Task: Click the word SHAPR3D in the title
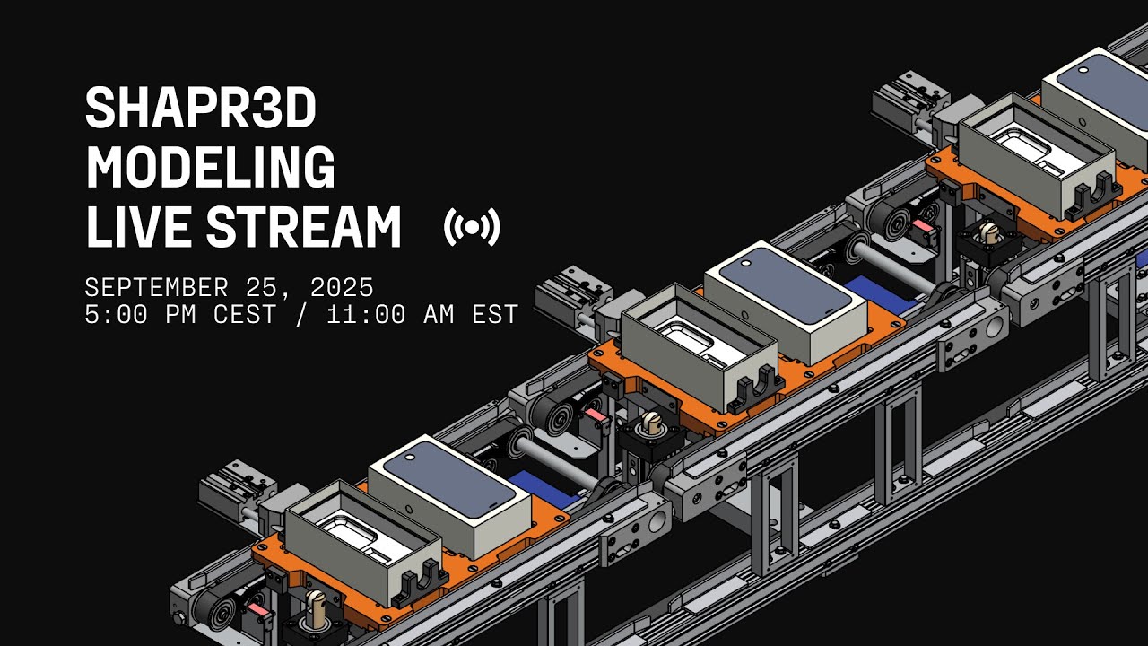(x=200, y=110)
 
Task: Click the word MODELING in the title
(x=210, y=168)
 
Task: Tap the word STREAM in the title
(x=304, y=226)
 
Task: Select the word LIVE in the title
(x=139, y=226)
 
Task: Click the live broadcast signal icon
(x=472, y=228)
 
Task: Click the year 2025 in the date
(x=341, y=288)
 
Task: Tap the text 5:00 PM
(x=135, y=315)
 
